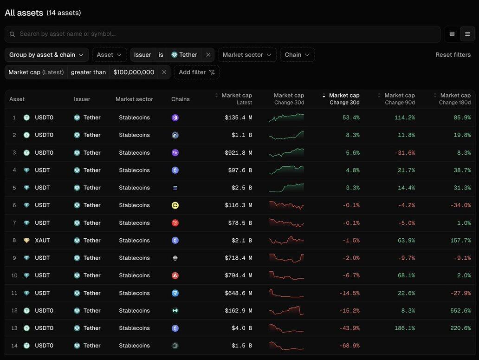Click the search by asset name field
(x=223, y=34)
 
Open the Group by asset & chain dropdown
(x=46, y=55)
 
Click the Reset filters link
(x=453, y=55)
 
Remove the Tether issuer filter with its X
(x=208, y=55)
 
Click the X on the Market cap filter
(x=164, y=72)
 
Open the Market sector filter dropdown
(x=247, y=55)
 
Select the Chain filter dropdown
(x=297, y=55)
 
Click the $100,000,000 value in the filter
(x=134, y=72)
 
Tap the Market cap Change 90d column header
(x=399, y=99)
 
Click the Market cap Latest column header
(x=236, y=99)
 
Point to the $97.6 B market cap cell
(x=240, y=170)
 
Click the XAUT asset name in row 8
(x=42, y=241)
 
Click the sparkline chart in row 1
(x=286, y=118)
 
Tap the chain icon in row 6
(x=175, y=205)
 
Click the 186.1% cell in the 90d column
(x=405, y=328)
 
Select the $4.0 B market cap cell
(x=242, y=328)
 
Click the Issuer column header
(x=82, y=99)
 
